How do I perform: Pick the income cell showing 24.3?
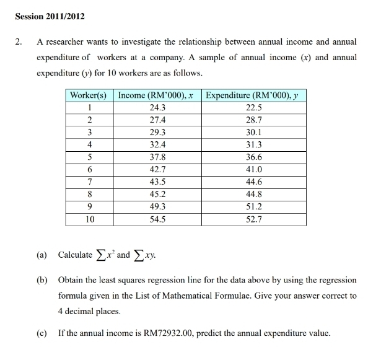[x=157, y=107]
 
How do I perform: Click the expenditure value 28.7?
[x=254, y=120]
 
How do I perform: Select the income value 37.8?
[x=157, y=157]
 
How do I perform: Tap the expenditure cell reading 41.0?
[x=254, y=169]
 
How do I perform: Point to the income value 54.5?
[x=157, y=219]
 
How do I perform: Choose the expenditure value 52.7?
[x=254, y=219]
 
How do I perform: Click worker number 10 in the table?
[x=90, y=219]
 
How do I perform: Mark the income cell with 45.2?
[x=157, y=194]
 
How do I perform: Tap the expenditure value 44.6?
[x=254, y=182]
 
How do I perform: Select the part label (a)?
[x=42, y=255]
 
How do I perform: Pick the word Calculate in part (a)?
[x=75, y=255]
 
